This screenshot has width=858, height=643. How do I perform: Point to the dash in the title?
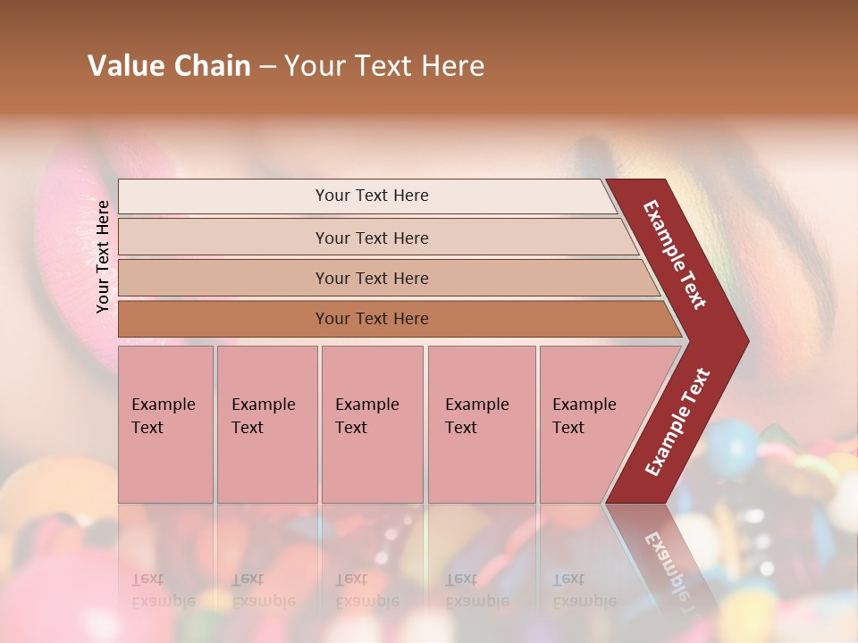point(267,67)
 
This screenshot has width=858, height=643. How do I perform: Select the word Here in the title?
point(452,66)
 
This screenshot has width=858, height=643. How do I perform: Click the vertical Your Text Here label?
point(103,256)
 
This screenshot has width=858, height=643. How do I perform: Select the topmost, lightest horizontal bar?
point(371,196)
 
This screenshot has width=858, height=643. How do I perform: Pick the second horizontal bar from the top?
point(371,238)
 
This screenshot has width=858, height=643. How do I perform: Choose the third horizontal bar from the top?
point(371,278)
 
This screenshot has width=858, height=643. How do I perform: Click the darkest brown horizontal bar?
point(371,319)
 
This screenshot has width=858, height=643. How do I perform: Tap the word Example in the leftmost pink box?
point(163,405)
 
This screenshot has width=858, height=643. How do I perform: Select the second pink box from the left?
point(267,424)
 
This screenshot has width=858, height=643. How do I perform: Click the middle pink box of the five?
point(372,424)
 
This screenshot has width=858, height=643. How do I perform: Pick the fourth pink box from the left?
point(482,424)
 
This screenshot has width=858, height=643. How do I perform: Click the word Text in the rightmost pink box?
point(568,428)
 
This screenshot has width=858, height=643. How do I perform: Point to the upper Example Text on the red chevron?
point(675,255)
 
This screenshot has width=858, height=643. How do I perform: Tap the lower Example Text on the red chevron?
point(677,422)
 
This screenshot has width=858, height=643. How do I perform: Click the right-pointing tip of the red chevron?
point(744,340)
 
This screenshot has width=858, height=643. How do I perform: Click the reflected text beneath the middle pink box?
point(366,590)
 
